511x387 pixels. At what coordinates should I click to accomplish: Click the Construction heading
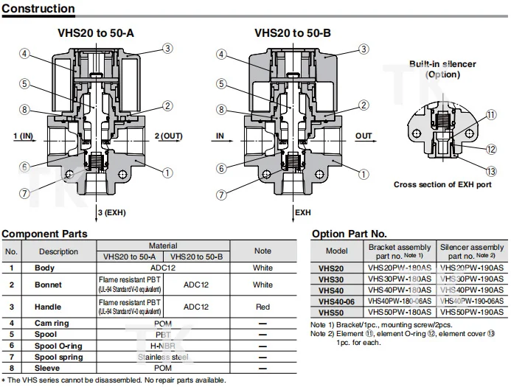click(38, 9)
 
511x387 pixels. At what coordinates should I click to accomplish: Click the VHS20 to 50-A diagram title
click(96, 33)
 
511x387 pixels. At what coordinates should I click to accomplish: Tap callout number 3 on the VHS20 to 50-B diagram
click(364, 49)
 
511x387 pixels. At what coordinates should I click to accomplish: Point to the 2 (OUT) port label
click(168, 136)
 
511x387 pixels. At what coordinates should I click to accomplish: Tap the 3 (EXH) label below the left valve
click(111, 213)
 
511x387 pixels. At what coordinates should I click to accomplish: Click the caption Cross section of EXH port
click(442, 184)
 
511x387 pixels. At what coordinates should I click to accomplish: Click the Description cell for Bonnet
click(49, 285)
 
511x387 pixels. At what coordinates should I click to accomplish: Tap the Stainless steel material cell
click(163, 358)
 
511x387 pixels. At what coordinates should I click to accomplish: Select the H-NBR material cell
click(163, 346)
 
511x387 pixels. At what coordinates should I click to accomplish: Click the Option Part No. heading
click(349, 234)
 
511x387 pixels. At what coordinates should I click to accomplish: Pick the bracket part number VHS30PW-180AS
click(400, 279)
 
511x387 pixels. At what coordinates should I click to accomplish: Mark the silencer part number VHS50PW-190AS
click(472, 312)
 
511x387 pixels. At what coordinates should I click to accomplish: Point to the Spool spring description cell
click(58, 358)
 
